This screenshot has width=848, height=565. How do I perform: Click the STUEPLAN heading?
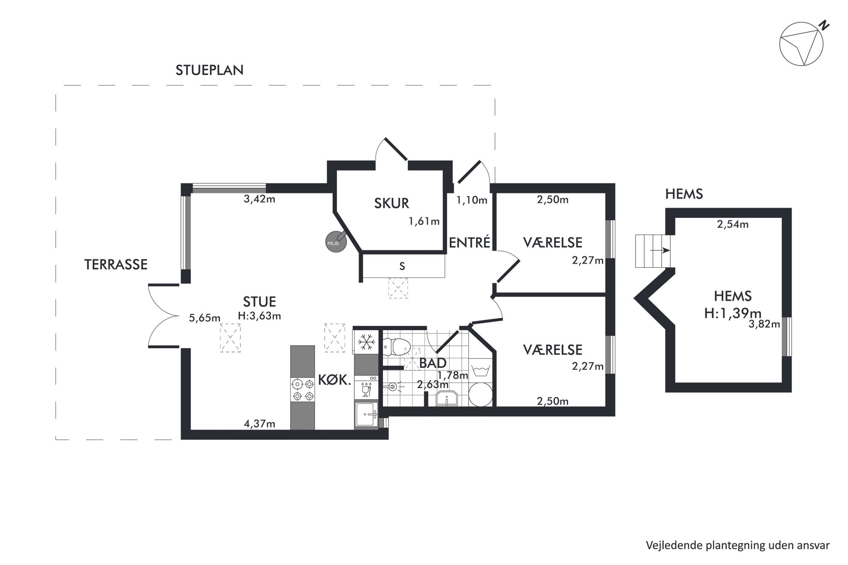pos(209,70)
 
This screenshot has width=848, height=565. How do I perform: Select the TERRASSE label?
pos(116,265)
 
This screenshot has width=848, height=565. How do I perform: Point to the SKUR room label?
pos(392,203)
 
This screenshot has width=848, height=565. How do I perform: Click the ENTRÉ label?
pos(469,243)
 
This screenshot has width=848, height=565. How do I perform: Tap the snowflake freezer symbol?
pos(366,341)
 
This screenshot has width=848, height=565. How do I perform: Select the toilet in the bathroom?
pos(396,346)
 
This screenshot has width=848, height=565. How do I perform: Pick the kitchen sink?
pos(366,414)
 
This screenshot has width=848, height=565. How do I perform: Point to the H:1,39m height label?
pos(733,313)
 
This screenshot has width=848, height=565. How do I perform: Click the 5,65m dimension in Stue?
pos(205,318)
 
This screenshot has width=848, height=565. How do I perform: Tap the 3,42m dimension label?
pos(259,199)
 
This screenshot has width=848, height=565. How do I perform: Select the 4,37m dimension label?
pos(259,424)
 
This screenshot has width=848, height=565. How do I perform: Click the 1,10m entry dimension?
pos(472,200)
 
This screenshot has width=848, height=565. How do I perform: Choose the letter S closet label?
pos(402,266)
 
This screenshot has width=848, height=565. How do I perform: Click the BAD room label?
pos(433,363)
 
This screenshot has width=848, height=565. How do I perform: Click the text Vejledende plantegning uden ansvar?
pos(738,545)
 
